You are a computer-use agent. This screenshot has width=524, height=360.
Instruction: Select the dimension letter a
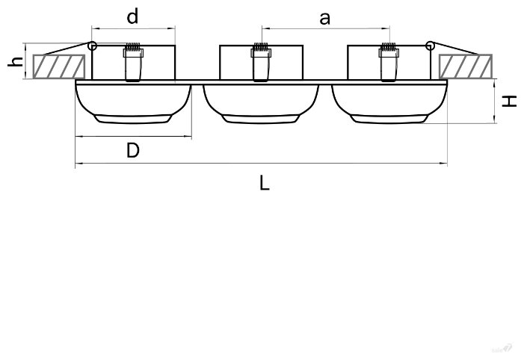point(324,18)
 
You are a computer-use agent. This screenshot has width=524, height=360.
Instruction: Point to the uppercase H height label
point(510,101)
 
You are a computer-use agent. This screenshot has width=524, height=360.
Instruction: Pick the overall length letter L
point(264,182)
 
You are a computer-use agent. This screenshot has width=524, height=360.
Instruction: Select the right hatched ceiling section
point(466,66)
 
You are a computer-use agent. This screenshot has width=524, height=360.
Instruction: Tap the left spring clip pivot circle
point(92,46)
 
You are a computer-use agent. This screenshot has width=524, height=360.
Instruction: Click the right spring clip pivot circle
point(430,46)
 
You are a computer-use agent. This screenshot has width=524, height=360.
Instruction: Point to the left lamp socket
point(133,63)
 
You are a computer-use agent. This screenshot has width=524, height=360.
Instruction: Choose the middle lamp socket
point(260,63)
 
